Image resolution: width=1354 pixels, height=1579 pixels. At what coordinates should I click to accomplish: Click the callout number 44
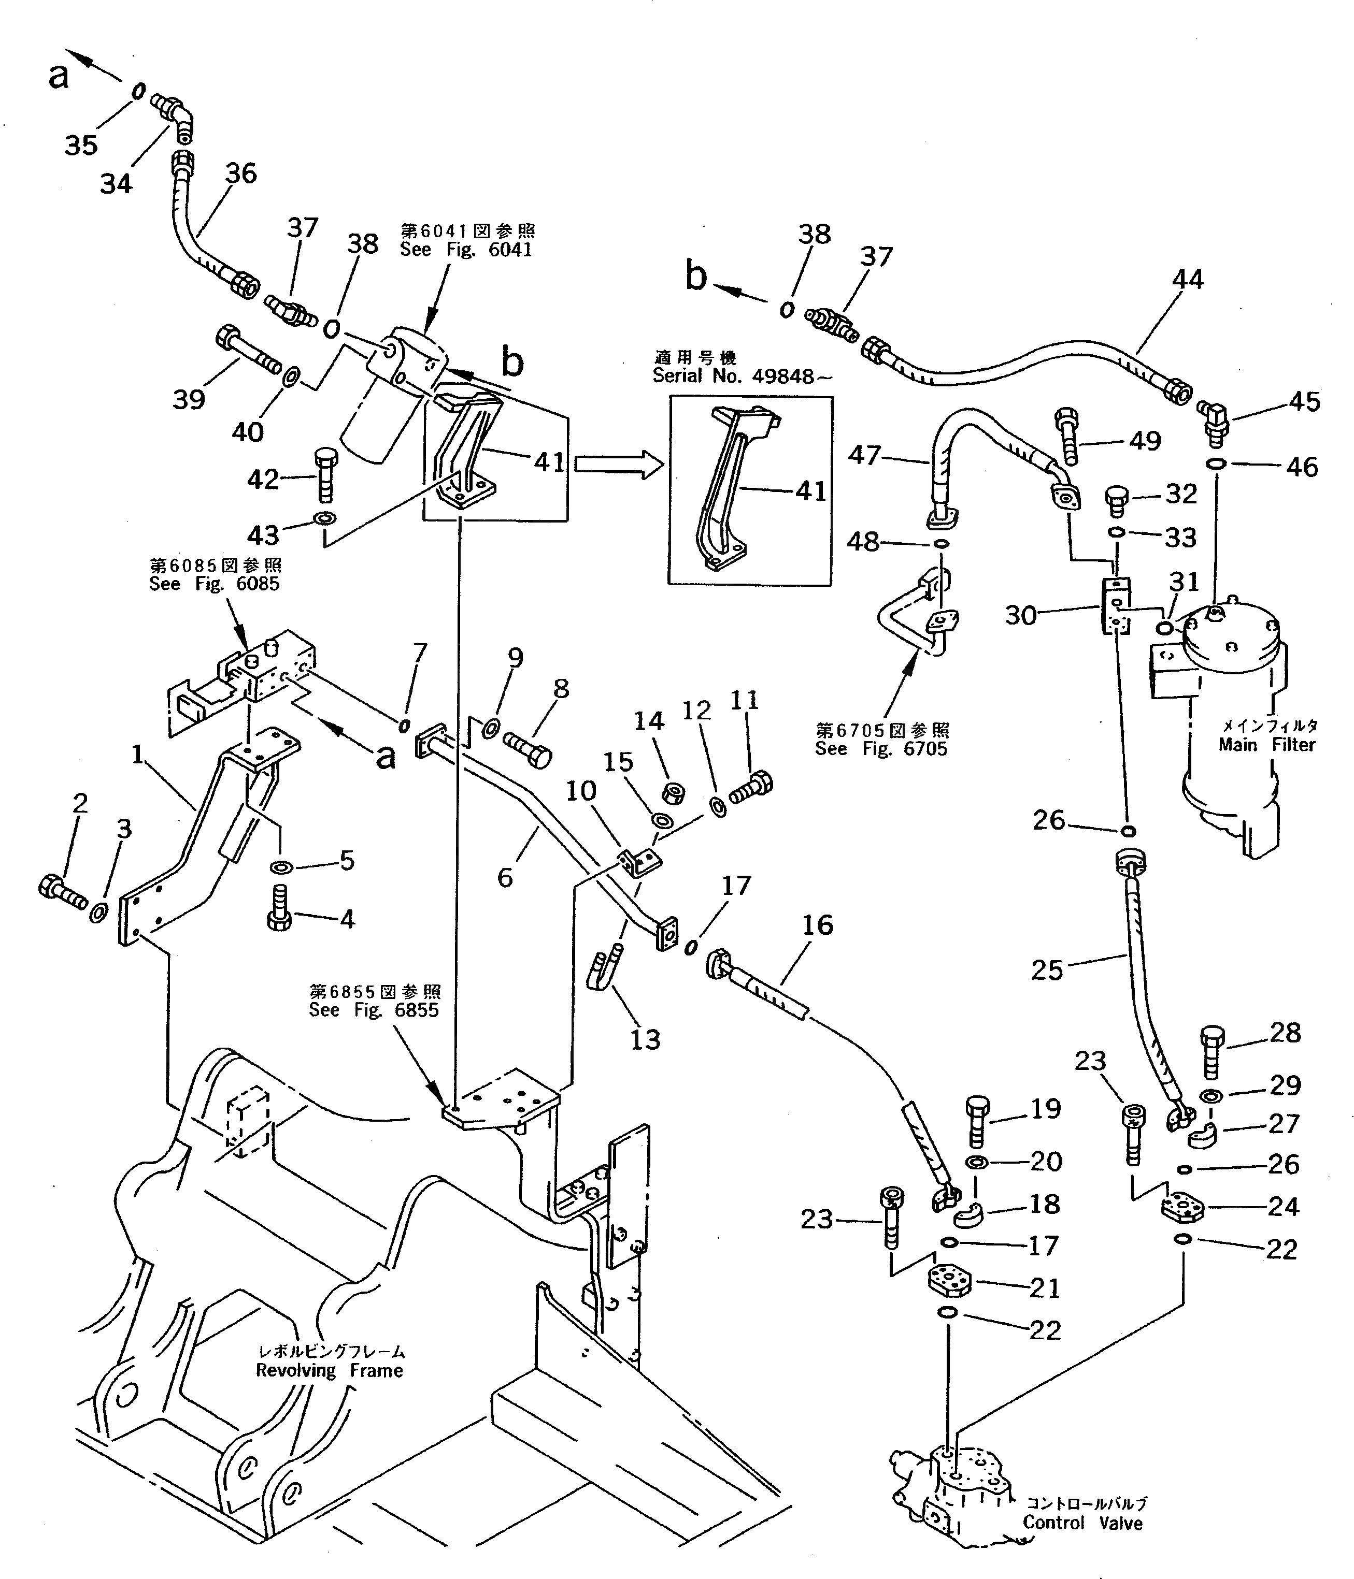point(1187,280)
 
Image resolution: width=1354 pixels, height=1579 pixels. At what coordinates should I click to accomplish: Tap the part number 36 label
point(241,174)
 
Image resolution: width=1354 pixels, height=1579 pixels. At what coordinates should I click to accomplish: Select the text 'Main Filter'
point(1266,745)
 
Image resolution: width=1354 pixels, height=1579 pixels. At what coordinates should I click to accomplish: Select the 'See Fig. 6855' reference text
point(374,1010)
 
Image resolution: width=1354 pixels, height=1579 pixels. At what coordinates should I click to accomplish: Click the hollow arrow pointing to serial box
point(618,463)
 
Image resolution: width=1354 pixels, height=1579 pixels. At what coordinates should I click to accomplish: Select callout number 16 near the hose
point(817,925)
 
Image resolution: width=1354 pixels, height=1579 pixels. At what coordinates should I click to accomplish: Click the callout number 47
point(864,456)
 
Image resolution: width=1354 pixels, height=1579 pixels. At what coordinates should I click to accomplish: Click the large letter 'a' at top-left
point(58,76)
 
